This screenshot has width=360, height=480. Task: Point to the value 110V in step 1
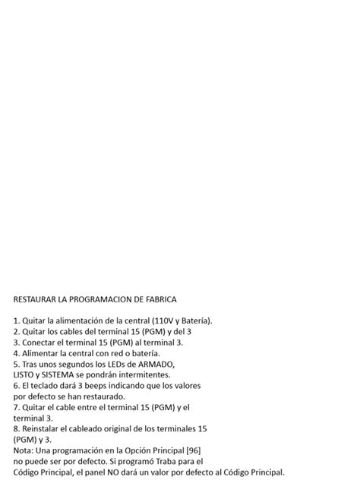point(163,321)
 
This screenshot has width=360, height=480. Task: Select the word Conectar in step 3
point(39,342)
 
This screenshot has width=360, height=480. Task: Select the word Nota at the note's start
point(23,450)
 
